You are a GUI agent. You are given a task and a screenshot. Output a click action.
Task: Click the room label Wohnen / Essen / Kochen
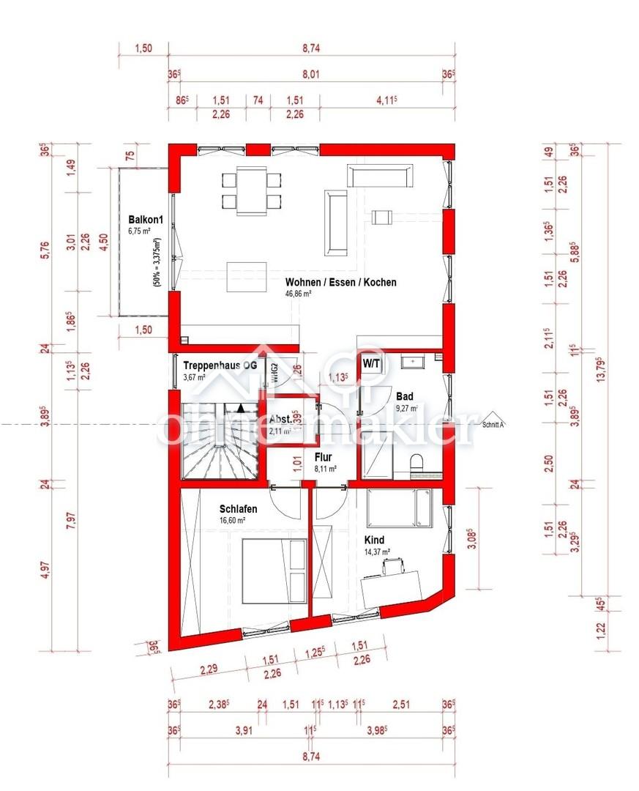pos(341,281)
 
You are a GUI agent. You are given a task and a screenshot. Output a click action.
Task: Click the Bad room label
pos(405,396)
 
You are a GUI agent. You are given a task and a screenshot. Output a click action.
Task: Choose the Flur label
pos(324,457)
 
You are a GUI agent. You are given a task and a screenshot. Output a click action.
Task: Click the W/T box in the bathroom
pos(371,363)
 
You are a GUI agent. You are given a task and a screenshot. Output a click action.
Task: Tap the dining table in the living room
pos(251,190)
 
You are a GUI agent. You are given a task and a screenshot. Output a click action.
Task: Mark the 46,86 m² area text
pos(299,294)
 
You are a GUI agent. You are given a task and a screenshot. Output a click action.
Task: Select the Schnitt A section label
pos(493,423)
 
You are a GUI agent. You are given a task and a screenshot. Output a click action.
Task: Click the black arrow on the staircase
pos(240,408)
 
